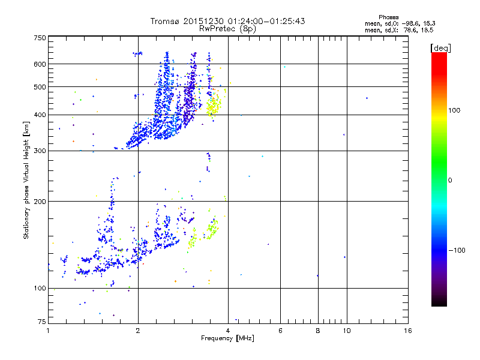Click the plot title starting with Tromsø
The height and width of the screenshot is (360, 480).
click(x=228, y=21)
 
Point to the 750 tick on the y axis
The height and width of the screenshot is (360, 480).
click(x=40, y=38)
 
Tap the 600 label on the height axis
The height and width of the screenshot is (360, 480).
click(x=40, y=64)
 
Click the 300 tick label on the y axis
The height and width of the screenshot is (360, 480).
click(x=40, y=151)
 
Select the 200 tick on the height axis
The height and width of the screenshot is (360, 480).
click(x=40, y=202)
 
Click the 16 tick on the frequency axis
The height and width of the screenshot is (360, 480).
click(x=409, y=331)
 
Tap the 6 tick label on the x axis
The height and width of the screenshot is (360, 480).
click(x=281, y=331)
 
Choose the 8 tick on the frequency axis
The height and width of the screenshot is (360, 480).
click(x=318, y=331)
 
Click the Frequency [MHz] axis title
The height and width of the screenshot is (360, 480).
click(x=227, y=340)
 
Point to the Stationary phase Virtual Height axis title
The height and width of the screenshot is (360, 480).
click(x=26, y=180)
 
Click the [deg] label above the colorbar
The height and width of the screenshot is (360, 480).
click(x=441, y=48)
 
